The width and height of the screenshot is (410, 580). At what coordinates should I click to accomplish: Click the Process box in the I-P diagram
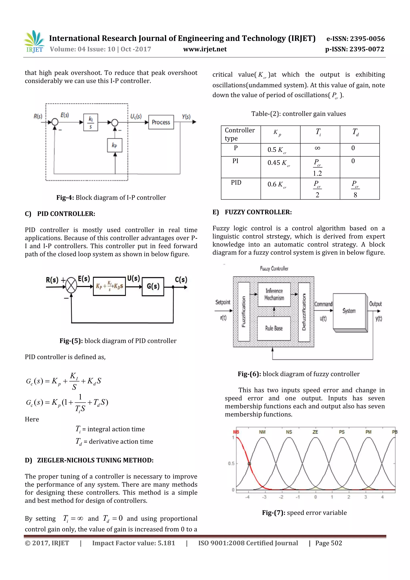point(161,122)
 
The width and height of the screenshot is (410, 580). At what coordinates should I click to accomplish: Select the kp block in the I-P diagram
point(115,145)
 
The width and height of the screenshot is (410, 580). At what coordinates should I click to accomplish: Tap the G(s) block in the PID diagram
point(153,286)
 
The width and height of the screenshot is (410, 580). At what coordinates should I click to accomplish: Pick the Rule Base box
point(274,328)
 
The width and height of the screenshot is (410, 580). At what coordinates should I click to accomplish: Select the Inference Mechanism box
point(274,295)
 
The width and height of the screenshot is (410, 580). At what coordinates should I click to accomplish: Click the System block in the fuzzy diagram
point(349,311)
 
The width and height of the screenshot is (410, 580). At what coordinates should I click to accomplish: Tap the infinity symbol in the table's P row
point(318,148)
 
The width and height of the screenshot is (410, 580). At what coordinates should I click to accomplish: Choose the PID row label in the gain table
point(236,183)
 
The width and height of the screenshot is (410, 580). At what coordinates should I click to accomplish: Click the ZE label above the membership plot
point(315,432)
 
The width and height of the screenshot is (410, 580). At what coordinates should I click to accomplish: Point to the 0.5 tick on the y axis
point(231,463)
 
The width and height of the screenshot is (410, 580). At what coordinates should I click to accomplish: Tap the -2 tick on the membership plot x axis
point(281,497)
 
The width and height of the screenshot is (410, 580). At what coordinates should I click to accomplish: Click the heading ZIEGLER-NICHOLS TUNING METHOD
point(95,460)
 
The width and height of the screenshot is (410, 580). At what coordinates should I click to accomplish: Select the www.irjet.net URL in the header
point(205,49)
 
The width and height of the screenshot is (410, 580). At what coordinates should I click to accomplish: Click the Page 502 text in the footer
point(328,543)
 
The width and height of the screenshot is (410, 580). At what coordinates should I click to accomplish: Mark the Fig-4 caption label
point(65,198)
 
